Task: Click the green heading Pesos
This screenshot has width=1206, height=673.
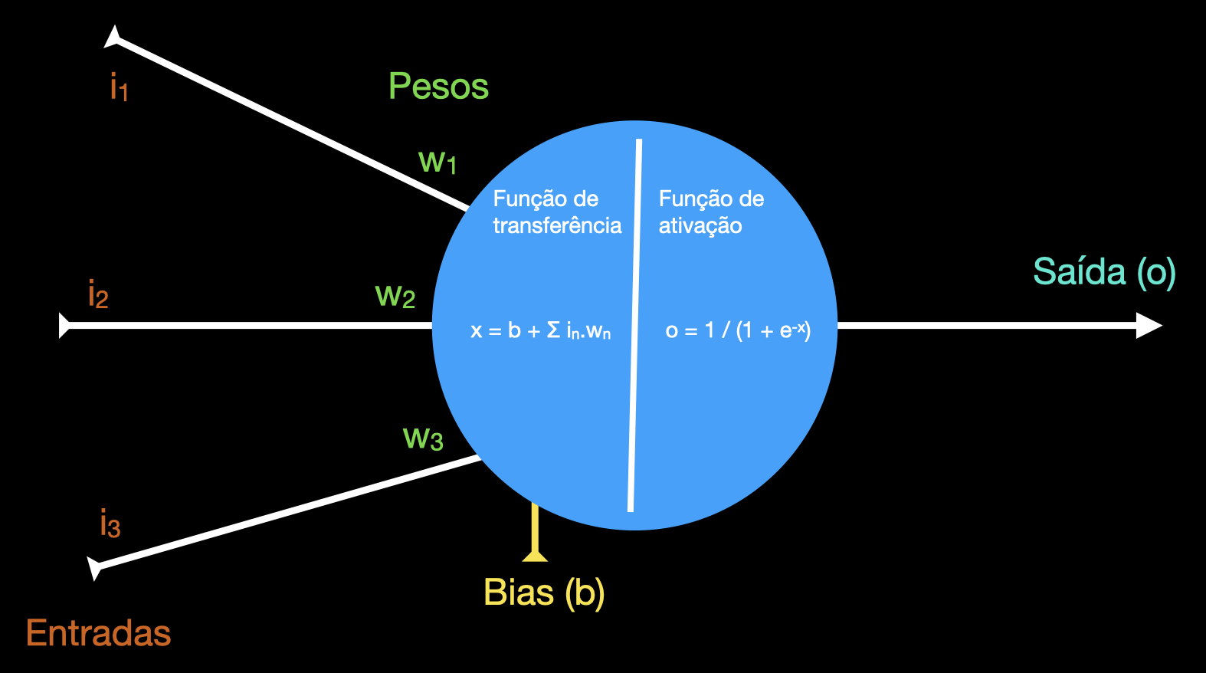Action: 438,87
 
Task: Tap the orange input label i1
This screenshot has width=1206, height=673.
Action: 119,87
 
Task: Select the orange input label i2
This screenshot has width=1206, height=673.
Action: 98,295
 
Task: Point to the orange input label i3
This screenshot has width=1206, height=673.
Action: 110,524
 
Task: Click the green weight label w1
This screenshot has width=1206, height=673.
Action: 438,162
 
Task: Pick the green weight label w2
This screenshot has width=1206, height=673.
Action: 395,296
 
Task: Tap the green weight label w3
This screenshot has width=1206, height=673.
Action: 423,438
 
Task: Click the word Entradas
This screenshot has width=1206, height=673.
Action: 99,633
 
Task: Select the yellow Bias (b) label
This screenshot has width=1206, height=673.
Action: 544,593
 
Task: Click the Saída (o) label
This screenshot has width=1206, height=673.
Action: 1104,272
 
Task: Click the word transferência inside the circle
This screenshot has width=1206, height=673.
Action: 557,225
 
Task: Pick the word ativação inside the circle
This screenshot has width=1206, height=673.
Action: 700,225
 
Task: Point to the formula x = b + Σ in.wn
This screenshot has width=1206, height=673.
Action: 541,331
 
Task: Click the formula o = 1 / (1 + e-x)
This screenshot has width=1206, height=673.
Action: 738,330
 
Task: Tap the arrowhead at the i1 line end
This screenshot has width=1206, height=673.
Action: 114,38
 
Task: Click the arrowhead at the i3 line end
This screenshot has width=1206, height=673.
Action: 95,568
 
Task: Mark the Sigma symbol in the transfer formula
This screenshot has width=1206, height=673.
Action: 553,330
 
